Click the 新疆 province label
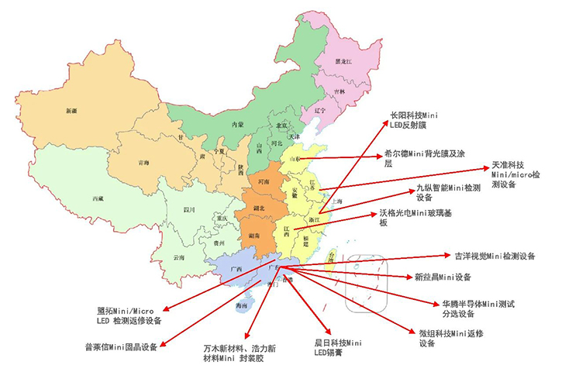tap(72, 110)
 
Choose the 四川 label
tap(188, 210)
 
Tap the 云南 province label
tap(180, 257)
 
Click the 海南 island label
tap(243, 307)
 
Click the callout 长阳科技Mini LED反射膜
tap(424, 120)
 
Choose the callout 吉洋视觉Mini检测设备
tap(495, 256)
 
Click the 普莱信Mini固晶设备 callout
tap(122, 346)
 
